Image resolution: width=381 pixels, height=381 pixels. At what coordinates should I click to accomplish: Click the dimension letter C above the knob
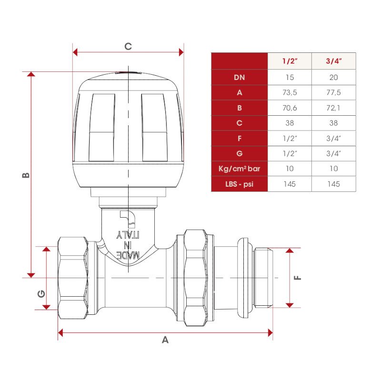128,46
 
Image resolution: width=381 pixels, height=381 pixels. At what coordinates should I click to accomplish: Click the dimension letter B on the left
26,175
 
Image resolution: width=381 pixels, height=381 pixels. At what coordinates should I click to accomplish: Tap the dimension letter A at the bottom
165,340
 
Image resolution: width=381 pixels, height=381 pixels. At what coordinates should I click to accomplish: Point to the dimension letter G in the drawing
41,294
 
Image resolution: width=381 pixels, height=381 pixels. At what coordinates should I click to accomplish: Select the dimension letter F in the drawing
298,278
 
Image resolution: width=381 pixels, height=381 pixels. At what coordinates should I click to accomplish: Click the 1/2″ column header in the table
290,61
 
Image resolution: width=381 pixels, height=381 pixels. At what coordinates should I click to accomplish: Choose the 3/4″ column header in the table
334,61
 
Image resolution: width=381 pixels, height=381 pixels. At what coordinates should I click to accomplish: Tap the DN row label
240,78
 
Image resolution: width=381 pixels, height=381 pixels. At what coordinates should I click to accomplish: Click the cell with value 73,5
290,92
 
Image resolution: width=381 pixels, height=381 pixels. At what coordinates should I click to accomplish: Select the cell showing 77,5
334,92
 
